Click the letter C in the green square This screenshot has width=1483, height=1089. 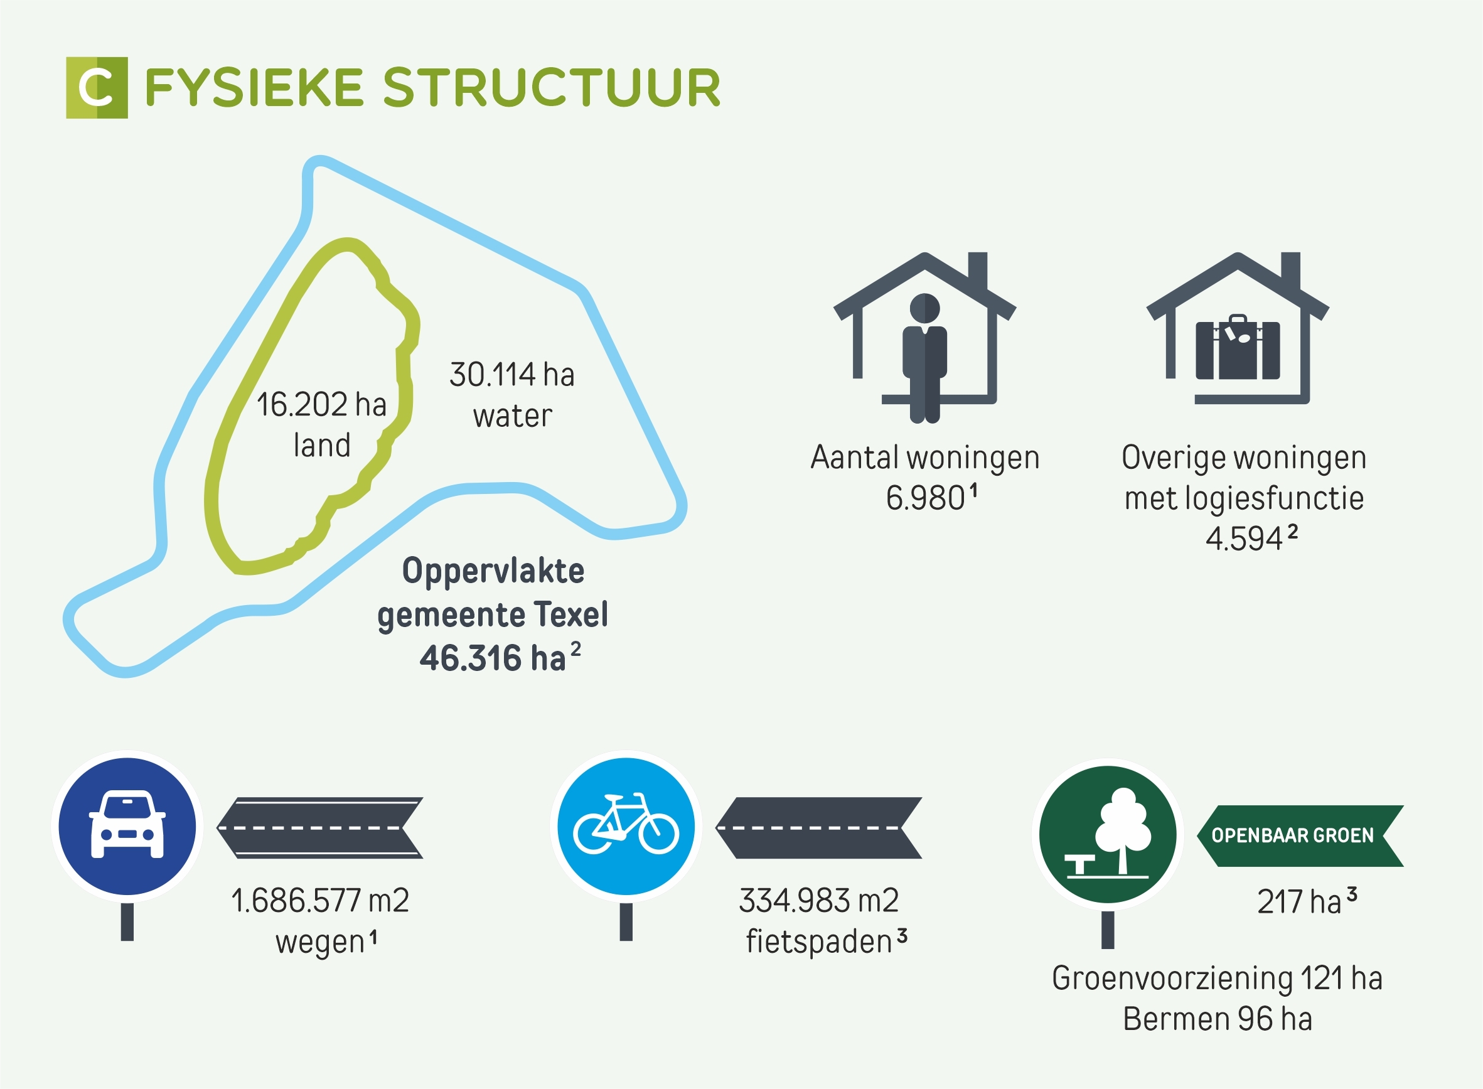(x=96, y=88)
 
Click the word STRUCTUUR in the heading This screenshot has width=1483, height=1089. (x=552, y=88)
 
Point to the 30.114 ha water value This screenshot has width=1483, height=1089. (x=512, y=375)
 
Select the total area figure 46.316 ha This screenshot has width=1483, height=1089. (x=493, y=658)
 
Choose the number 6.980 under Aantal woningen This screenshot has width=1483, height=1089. (x=924, y=498)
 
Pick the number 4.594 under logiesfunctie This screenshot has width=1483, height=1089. (x=1244, y=539)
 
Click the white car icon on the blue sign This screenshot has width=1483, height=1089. (x=127, y=824)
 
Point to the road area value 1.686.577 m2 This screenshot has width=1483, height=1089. (x=320, y=901)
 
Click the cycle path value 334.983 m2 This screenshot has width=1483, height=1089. (x=818, y=901)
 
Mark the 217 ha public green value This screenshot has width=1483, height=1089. (x=1298, y=902)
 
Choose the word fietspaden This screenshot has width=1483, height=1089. (x=818, y=941)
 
